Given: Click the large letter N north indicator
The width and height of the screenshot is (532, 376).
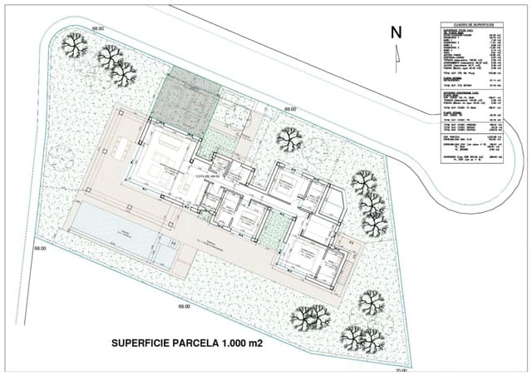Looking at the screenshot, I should tap(397, 32).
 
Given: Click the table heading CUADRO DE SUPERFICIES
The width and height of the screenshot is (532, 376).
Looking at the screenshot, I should tap(471, 26).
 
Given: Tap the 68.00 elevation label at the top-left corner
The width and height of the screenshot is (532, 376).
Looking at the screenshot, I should tap(99, 29).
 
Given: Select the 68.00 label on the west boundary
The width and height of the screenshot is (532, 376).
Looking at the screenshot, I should tap(40, 248).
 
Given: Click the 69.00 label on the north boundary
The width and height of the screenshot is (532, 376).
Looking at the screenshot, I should tap(290, 109).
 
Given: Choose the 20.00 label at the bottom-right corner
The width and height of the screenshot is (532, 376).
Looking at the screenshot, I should tap(401, 370).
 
